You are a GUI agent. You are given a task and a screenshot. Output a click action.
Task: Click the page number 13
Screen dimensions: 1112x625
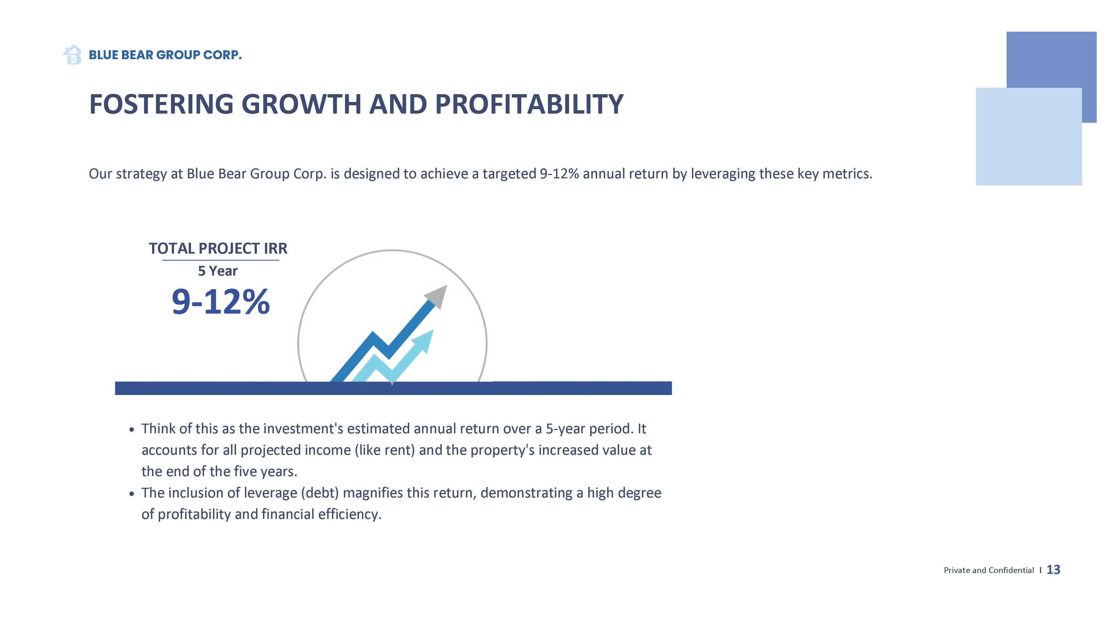pos(1053,570)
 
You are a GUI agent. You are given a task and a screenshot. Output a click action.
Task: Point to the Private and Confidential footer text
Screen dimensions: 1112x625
pos(989,570)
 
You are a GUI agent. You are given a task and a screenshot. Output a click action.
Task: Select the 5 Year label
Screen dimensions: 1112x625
pos(218,271)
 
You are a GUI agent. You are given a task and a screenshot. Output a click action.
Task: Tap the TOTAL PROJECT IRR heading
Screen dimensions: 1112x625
pos(218,248)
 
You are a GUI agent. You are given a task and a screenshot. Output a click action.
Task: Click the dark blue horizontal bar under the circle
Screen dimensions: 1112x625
pos(393,388)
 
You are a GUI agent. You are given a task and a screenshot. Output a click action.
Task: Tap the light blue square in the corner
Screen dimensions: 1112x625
pos(1029,136)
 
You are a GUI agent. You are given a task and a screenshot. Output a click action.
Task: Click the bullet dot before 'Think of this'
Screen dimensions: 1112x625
pos(132,430)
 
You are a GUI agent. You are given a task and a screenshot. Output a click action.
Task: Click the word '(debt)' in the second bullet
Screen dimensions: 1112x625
pos(319,493)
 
